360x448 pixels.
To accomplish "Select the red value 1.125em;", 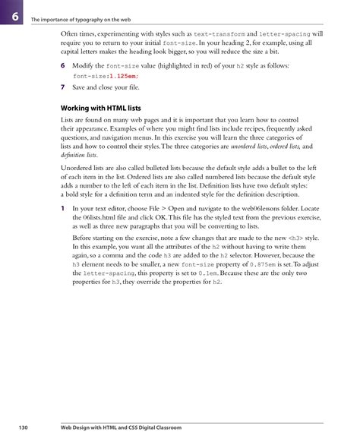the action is point(123,77).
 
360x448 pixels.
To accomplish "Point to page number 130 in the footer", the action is point(23,429).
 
